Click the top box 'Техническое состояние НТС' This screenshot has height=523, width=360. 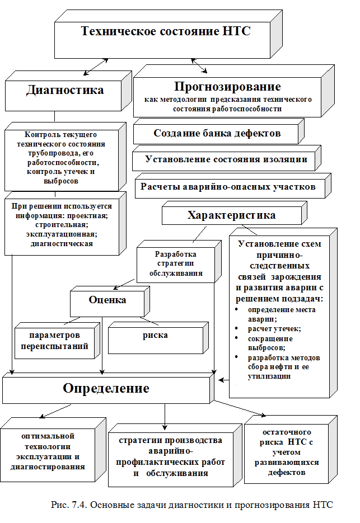point(166,32)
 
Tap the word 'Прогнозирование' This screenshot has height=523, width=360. point(227,87)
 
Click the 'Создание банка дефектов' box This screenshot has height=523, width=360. point(217,133)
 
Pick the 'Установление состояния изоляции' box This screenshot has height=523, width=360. point(226,159)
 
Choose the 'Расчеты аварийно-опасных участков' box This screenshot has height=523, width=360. point(228,186)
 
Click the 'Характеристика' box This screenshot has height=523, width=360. point(231,215)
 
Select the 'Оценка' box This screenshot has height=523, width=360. point(107,300)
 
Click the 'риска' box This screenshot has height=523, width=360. point(147,335)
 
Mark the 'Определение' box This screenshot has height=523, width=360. point(106,388)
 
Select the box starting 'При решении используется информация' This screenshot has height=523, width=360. point(62,225)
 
